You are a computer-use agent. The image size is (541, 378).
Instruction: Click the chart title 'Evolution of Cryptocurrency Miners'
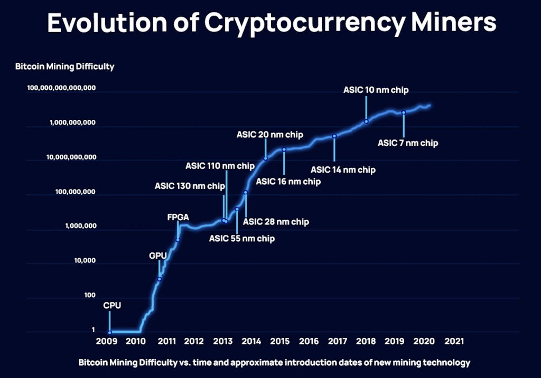272,23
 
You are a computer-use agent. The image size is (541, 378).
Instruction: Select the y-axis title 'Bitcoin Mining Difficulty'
65,67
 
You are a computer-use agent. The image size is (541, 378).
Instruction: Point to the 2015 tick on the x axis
280,341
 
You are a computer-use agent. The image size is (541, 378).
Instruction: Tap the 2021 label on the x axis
454,341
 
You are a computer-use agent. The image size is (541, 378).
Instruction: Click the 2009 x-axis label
107,341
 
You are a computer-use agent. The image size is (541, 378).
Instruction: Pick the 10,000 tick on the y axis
85,260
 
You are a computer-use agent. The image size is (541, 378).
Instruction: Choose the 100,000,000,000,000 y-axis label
61,88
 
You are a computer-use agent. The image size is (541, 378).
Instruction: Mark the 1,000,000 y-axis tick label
81,226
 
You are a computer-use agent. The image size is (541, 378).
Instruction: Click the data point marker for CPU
110,333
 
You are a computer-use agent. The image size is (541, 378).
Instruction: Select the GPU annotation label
158,256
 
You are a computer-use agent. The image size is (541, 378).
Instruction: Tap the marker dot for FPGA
178,240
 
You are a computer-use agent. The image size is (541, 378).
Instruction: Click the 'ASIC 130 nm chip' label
190,186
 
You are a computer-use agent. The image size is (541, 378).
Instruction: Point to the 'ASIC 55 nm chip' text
242,238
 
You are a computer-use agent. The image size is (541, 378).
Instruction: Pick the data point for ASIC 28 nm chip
246,193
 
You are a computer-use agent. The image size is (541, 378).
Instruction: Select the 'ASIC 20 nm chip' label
270,135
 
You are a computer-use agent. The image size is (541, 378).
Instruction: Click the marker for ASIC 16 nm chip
284,149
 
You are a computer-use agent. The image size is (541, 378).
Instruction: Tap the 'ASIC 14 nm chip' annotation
343,169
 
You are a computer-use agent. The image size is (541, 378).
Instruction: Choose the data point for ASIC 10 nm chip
366,121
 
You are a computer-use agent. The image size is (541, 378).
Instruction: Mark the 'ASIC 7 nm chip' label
408,143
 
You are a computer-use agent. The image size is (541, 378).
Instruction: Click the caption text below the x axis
274,363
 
